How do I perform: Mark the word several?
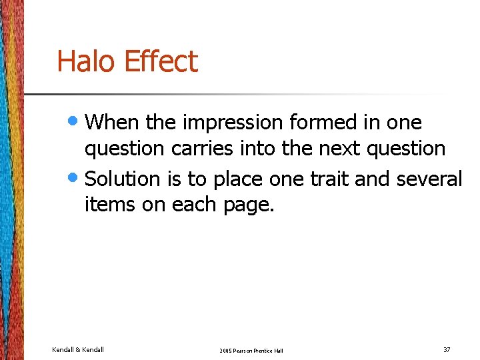click(x=429, y=179)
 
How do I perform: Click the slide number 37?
click(x=447, y=349)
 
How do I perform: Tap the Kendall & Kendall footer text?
click(x=78, y=349)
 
